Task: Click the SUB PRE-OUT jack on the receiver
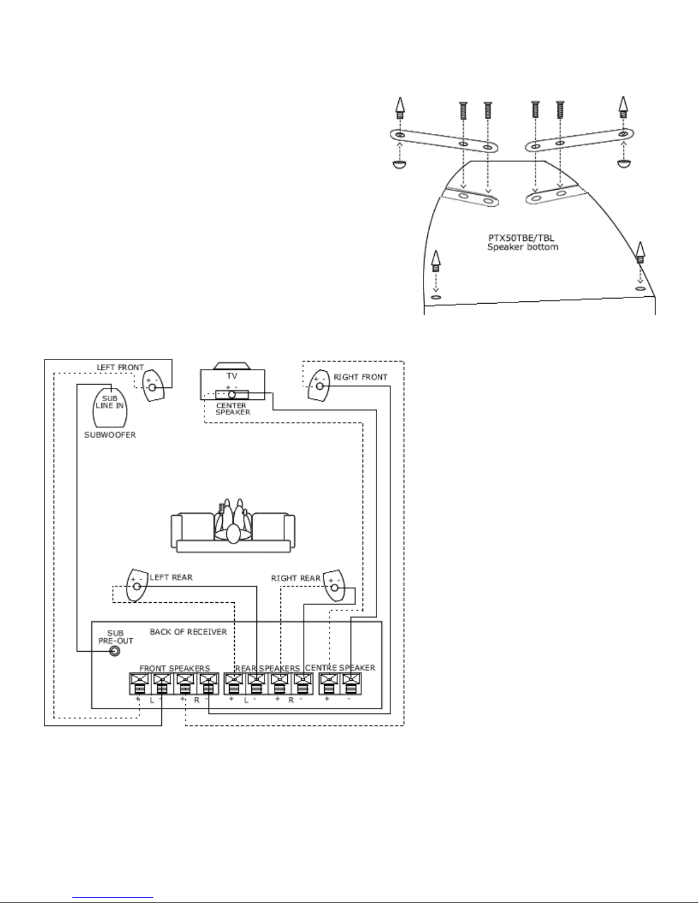[x=115, y=651]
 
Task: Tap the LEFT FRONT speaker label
[x=120, y=367]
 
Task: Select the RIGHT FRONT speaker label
[x=360, y=377]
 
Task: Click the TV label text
[x=232, y=376]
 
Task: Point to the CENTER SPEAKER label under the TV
[x=232, y=408]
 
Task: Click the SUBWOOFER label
[x=110, y=435]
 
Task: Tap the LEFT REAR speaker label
[x=171, y=577]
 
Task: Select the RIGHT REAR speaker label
[x=295, y=578]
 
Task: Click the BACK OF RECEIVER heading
[x=188, y=632]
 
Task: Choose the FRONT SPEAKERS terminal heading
[x=174, y=668]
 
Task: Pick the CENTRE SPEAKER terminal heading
[x=340, y=667]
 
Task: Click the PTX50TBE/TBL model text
[x=521, y=238]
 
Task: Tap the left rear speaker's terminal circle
[x=137, y=586]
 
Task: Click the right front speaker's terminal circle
[x=320, y=386]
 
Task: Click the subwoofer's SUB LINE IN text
[x=109, y=402]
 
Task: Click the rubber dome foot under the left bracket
[x=399, y=164]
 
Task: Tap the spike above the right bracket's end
[x=623, y=107]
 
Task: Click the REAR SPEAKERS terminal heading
[x=267, y=668]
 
